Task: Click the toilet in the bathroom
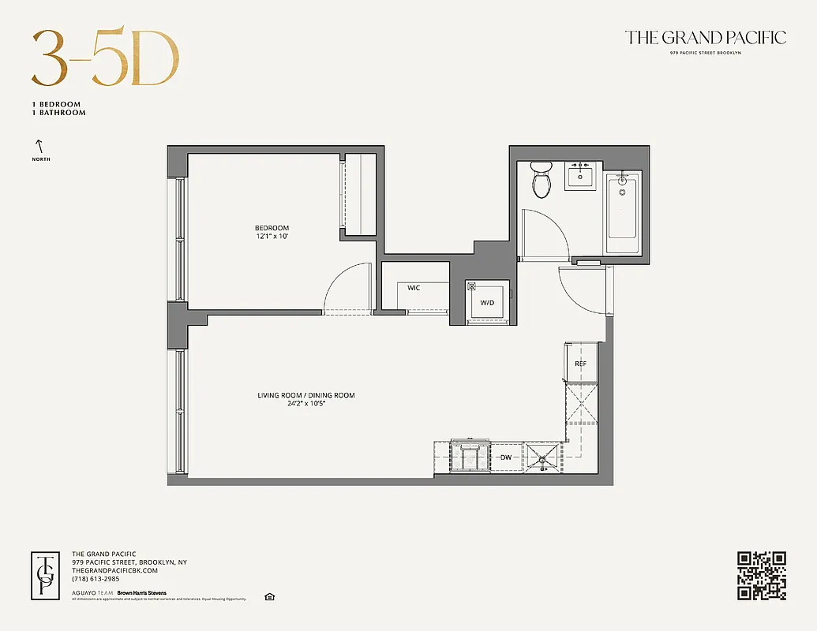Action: click(x=542, y=181)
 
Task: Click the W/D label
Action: click(x=487, y=303)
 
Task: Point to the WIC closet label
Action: click(x=414, y=288)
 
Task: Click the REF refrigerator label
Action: click(x=580, y=364)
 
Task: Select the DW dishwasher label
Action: click(x=506, y=457)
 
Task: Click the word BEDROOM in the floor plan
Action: click(x=272, y=228)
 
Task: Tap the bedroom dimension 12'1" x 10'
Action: click(x=272, y=237)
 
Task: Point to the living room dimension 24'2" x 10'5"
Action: click(x=305, y=404)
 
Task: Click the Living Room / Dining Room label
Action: click(x=305, y=395)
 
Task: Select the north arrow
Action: click(x=37, y=146)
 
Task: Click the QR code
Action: click(x=762, y=575)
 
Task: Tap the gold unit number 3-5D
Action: click(x=105, y=59)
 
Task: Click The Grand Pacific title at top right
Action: click(x=705, y=37)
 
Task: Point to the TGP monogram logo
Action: click(x=46, y=575)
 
